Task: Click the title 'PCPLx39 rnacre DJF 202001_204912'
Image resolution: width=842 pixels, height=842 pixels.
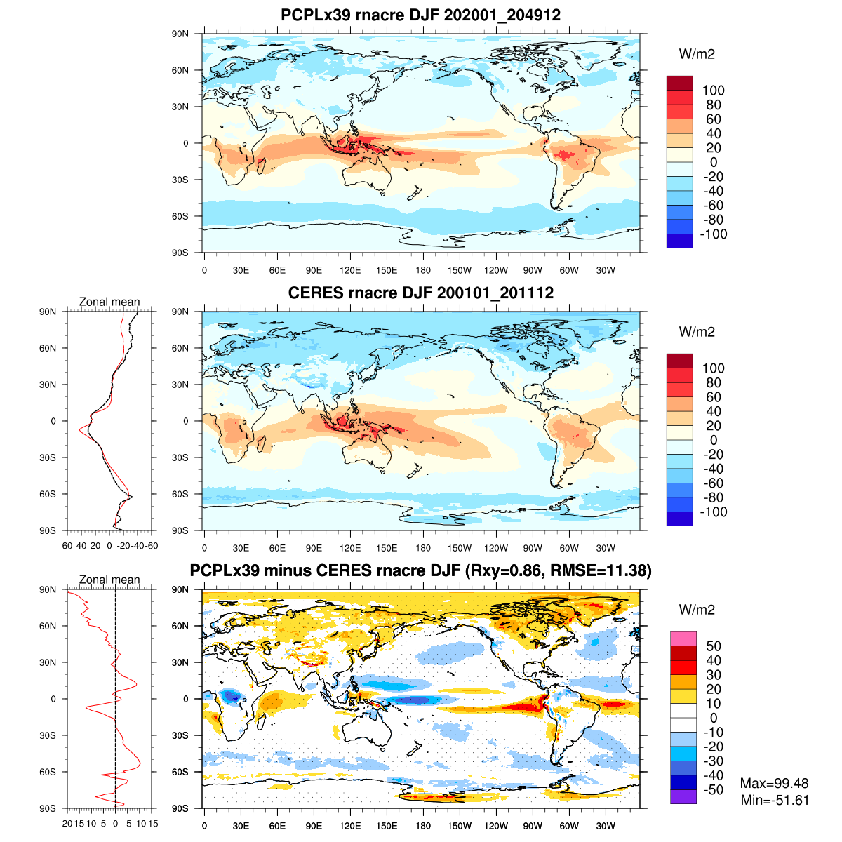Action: coord(420,15)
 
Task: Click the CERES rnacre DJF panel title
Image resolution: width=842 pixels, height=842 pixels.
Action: coord(420,293)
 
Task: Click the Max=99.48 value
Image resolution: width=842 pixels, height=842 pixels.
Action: coord(774,783)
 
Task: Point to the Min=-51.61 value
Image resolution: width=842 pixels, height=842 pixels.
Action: coord(775,800)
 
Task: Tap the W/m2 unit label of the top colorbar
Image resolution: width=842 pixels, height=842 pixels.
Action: coord(697,54)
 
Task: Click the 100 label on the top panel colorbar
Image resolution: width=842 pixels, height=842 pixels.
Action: coord(713,91)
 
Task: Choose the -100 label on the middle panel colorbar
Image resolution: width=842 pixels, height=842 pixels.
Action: coord(713,512)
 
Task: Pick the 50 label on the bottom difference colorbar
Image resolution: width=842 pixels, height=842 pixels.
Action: coord(713,646)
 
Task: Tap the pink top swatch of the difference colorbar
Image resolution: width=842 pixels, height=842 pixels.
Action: coord(683,639)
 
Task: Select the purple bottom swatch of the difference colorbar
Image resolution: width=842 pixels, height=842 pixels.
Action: coord(683,797)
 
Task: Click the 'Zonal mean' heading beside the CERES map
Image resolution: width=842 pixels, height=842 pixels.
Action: coord(109,302)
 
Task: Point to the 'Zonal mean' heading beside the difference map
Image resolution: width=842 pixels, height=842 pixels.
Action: coord(109,580)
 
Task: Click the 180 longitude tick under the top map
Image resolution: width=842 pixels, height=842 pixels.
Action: coord(423,271)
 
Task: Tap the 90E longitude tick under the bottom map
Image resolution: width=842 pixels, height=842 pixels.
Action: coord(314,827)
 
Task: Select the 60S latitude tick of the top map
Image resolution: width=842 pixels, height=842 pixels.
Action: coord(181,216)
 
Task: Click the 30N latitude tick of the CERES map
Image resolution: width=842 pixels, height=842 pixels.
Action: coord(181,385)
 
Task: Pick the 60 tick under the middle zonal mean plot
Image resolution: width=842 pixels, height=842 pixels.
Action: coord(67,545)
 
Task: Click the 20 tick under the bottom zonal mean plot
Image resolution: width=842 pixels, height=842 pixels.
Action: coord(67,823)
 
